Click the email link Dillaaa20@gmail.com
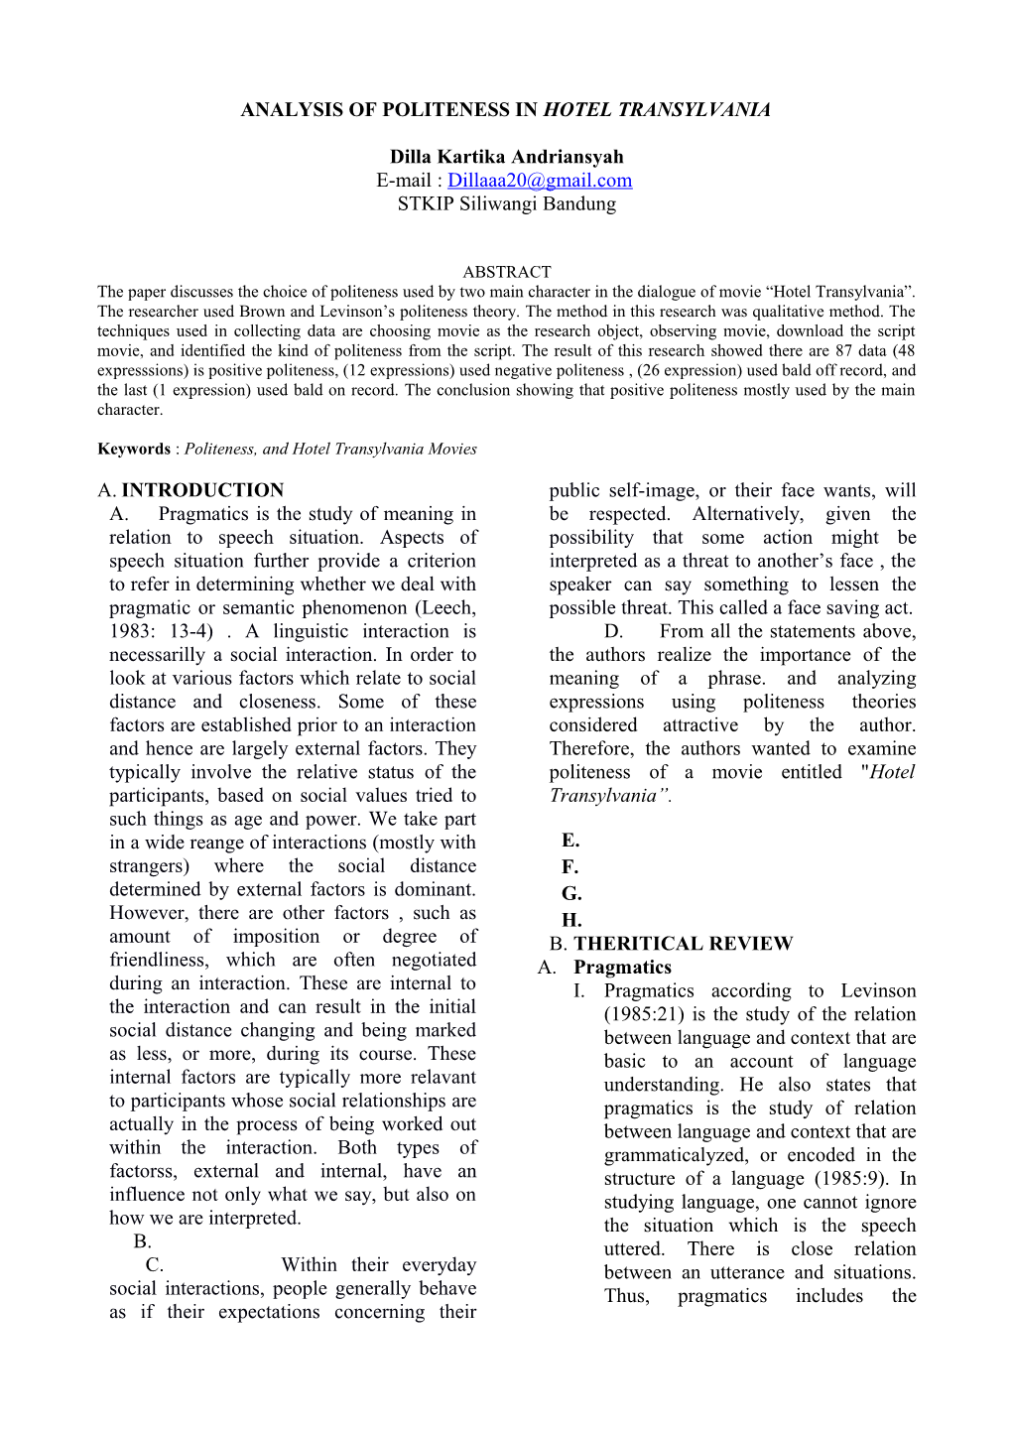[539, 181]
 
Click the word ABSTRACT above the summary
[506, 272]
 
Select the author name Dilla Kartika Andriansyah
[506, 157]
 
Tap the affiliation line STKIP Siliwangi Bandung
[506, 204]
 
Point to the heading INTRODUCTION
[202, 490]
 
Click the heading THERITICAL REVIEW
[683, 944]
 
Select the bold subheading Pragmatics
[622, 968]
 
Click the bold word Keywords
[134, 450]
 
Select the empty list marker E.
[569, 841]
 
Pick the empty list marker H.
[570, 921]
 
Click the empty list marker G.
[570, 894]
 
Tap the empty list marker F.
[569, 867]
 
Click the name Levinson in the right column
[878, 991]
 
